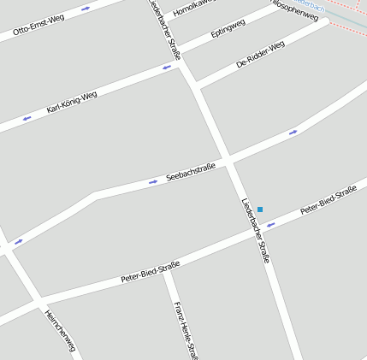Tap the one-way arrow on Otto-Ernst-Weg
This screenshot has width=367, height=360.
point(86,9)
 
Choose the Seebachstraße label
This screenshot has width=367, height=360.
point(189,171)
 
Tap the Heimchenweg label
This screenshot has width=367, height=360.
point(60,330)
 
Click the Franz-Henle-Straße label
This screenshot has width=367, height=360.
point(186,329)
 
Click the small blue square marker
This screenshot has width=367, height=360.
point(260,210)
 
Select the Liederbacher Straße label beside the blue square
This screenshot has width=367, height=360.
point(255,231)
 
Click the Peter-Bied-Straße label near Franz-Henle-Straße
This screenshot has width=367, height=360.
point(151,273)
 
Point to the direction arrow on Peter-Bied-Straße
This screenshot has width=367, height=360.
point(269,225)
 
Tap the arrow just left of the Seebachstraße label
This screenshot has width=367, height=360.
point(153,181)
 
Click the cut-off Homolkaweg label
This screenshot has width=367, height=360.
point(191,9)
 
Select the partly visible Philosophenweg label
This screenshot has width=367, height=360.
point(295,9)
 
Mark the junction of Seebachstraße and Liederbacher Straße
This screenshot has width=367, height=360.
point(228,160)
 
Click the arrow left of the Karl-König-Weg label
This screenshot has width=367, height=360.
point(27,118)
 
